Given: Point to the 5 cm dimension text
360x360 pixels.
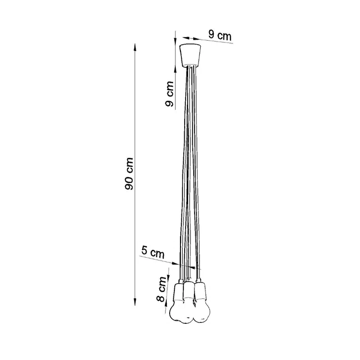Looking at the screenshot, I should (x=153, y=252).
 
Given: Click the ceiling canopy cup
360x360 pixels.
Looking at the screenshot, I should (x=190, y=55).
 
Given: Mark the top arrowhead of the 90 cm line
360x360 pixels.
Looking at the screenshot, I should (x=136, y=47).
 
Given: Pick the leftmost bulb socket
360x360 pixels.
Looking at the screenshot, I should (x=179, y=293).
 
